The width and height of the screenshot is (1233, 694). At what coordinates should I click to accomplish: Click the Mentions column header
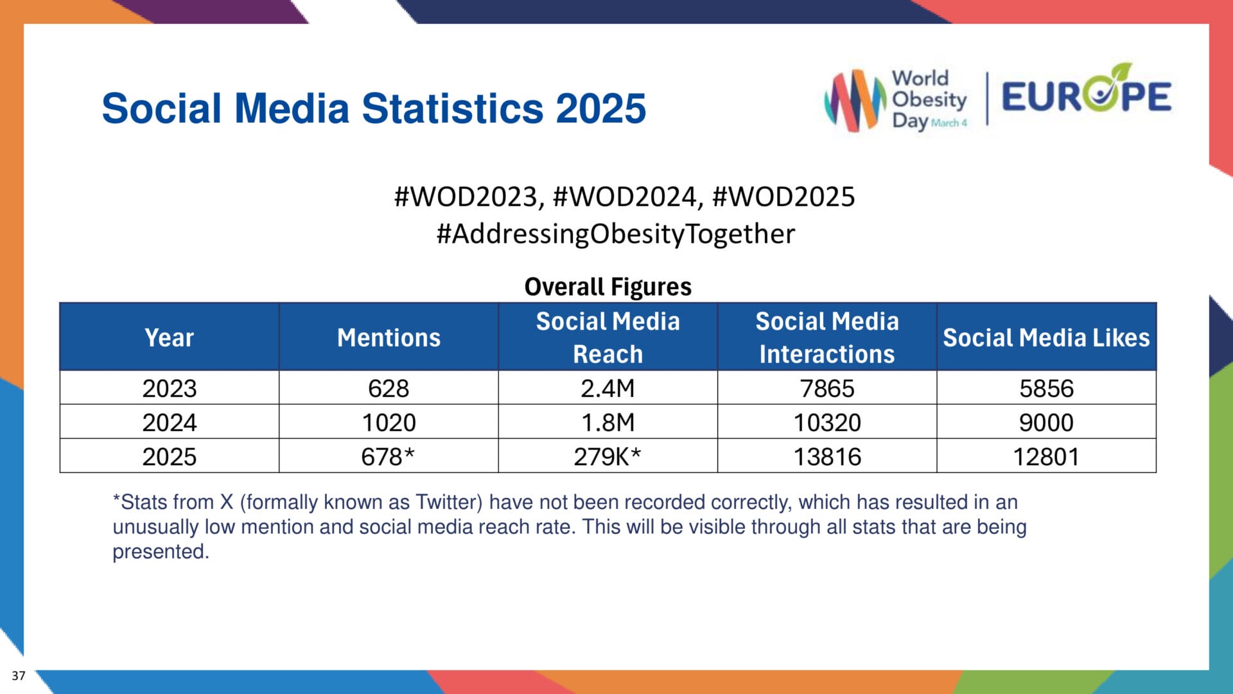[389, 337]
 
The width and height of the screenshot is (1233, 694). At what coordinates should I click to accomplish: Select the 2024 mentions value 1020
[389, 422]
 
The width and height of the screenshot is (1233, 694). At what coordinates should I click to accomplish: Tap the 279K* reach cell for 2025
[607, 456]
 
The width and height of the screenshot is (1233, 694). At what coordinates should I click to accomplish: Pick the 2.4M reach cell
[607, 388]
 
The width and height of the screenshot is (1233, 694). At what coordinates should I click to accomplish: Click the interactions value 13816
[826, 456]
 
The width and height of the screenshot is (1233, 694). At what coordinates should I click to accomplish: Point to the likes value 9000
[1045, 422]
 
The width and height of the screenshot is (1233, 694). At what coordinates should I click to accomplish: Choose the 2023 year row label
[169, 388]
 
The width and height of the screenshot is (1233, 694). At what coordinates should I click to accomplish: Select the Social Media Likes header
[1045, 337]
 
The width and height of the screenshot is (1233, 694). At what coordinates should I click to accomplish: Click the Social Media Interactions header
[826, 337]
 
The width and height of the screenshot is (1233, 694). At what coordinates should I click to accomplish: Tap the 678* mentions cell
[388, 456]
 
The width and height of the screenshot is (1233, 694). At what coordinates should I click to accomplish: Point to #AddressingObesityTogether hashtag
[615, 234]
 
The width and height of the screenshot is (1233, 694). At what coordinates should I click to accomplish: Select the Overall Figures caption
[608, 287]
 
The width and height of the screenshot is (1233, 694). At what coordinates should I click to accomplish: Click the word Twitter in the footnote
[448, 502]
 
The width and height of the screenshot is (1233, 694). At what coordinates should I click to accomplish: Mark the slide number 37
[19, 675]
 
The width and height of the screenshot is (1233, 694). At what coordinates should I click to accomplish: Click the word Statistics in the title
[453, 108]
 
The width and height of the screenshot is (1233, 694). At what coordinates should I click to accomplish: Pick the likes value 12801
[1045, 456]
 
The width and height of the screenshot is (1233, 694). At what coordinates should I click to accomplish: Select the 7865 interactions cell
[826, 388]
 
